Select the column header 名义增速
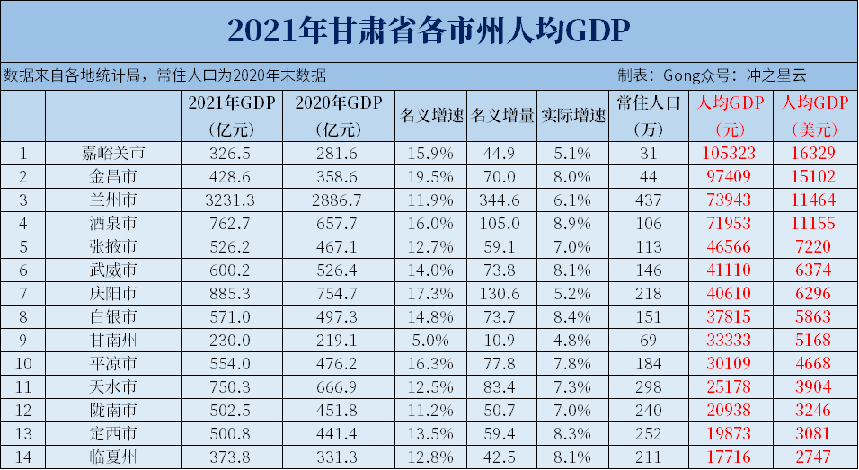pos(430,116)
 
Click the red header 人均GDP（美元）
pos(816,116)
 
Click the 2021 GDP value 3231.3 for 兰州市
pos(231,199)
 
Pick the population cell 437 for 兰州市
pos(650,199)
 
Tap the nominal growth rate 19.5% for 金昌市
pos(430,176)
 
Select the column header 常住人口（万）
pos(650,116)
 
